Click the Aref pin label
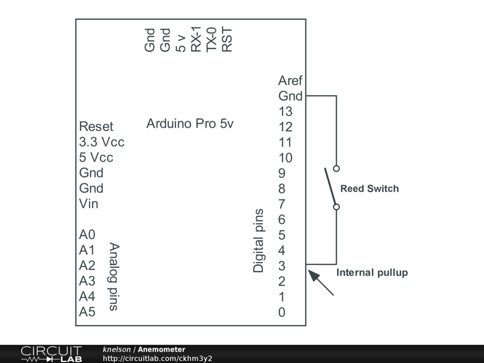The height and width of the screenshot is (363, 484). point(290,80)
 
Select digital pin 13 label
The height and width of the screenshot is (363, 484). point(285,112)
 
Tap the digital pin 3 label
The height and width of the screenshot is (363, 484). point(282,266)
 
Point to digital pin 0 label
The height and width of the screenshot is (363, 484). point(282,312)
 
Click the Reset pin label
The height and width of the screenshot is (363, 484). point(96,126)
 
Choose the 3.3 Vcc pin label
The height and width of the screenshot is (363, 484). point(102,142)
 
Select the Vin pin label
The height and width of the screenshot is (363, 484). point(89,204)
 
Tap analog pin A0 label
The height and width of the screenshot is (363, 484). point(87,234)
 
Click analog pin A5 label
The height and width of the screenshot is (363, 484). point(87,312)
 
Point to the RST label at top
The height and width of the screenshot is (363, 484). point(227,39)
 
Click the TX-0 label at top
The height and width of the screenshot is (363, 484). point(212,39)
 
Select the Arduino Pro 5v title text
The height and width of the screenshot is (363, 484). point(190,124)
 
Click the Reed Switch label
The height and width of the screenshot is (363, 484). point(370,189)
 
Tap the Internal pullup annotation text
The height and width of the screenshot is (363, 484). point(372,273)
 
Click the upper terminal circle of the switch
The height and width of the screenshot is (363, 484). point(336,168)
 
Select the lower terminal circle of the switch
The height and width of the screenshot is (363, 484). point(336,207)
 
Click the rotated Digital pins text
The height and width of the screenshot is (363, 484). point(259,241)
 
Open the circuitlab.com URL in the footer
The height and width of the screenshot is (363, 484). point(157,358)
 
